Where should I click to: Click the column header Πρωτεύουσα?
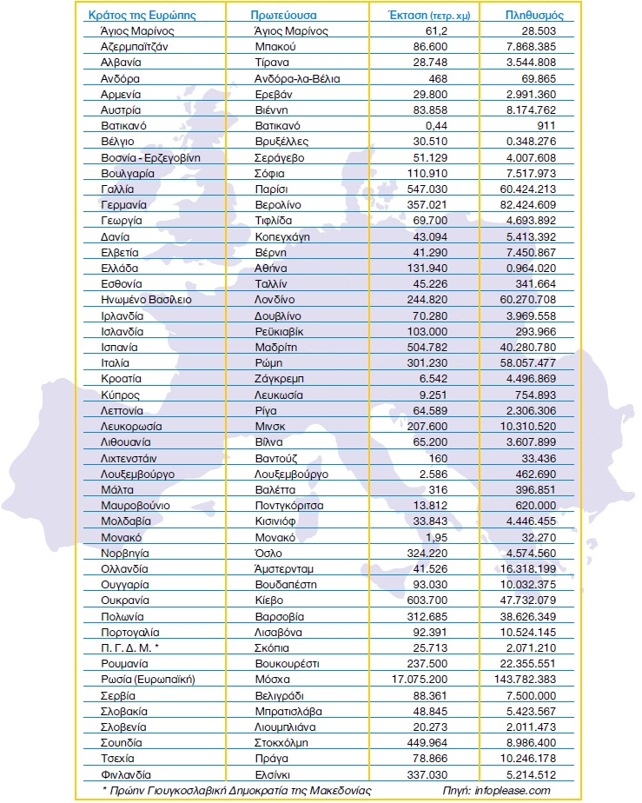click(282, 15)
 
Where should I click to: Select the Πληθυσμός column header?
click(536, 15)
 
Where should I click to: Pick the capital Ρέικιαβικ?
click(280, 332)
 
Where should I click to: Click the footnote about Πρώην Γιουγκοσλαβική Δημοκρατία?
click(236, 790)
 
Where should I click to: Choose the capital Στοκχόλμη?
click(282, 742)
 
